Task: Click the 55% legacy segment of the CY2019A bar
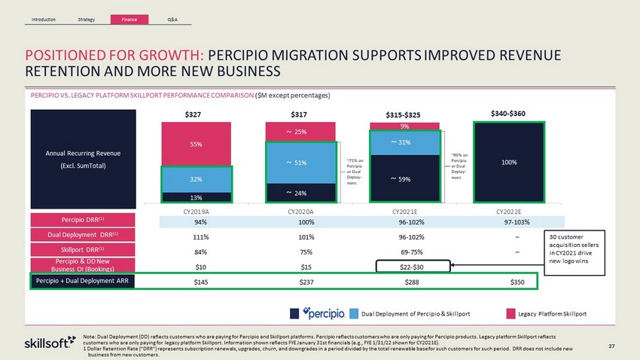tap(194, 143)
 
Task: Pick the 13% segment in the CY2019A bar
tap(194, 197)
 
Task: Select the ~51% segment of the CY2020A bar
tap(300, 162)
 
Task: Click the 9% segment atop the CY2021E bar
tap(404, 127)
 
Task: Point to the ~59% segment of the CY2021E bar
tap(404, 179)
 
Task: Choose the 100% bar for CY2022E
tap(510, 161)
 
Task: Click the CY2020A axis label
tap(300, 211)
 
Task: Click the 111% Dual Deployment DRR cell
tap(200, 236)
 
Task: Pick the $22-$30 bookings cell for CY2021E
tap(413, 266)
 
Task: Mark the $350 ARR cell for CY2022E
tap(517, 282)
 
